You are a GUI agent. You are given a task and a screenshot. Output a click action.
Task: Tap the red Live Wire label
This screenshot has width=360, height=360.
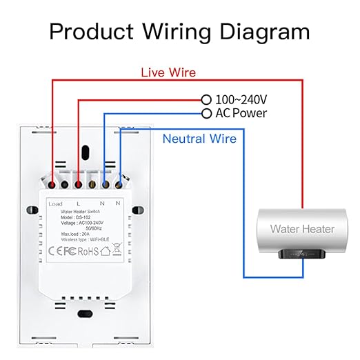pos(168,72)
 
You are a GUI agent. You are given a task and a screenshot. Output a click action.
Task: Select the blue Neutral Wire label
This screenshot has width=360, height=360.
pos(199,139)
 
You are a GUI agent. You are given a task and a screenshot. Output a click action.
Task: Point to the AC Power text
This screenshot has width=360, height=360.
pos(240,113)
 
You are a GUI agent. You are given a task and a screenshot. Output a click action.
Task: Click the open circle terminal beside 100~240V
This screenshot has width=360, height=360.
pos(206,100)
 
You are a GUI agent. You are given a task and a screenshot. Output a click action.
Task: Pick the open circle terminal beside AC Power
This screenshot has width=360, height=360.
pos(206,113)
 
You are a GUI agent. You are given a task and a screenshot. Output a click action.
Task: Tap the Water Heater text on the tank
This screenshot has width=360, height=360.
pos(302,229)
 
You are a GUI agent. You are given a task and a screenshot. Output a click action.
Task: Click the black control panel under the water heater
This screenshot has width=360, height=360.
pos(301,256)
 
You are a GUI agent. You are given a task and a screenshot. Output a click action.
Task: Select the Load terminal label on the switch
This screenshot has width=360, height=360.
pos(56,203)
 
